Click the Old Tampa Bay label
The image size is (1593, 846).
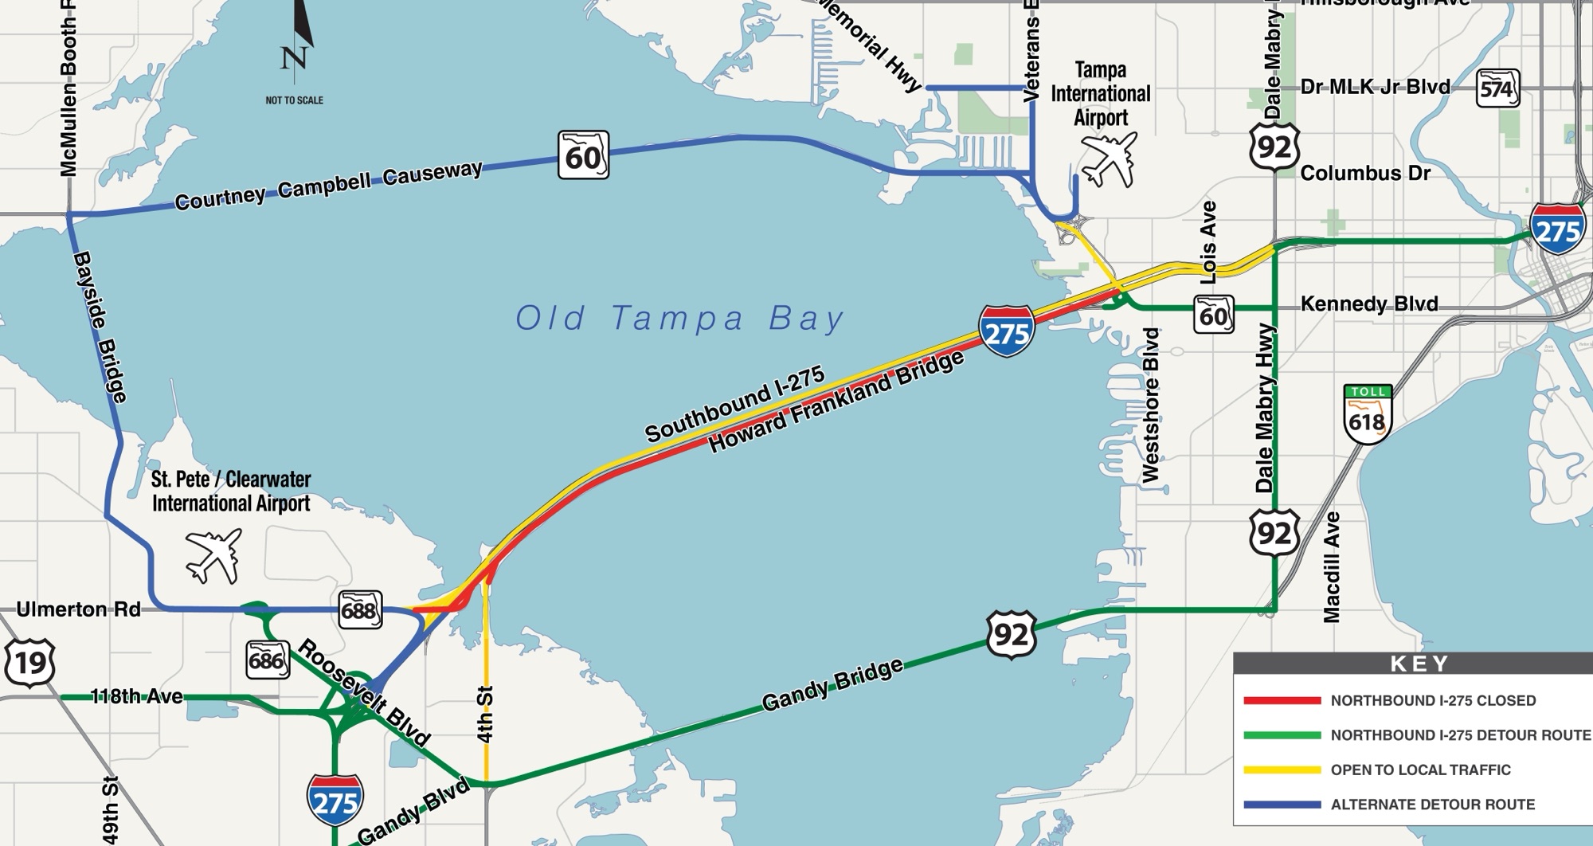point(679,319)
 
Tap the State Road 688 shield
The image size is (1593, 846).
point(359,610)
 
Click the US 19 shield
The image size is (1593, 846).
point(30,662)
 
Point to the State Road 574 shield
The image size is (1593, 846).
point(1497,88)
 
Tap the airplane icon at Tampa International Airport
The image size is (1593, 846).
point(1109,159)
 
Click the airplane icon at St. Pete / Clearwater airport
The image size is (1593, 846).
point(213,554)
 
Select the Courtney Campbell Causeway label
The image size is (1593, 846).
point(328,185)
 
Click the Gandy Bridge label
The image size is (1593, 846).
point(832,684)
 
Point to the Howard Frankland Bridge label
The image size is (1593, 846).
point(836,402)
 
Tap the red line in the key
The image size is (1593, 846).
point(1282,701)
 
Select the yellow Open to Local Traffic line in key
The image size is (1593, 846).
point(1282,770)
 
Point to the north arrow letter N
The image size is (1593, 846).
point(294,58)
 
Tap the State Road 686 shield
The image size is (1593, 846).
point(267,660)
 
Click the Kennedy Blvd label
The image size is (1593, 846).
point(1369,304)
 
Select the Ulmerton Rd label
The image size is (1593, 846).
point(78,610)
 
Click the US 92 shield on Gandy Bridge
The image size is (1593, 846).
point(1011,635)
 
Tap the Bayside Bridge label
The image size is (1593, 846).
point(100,327)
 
